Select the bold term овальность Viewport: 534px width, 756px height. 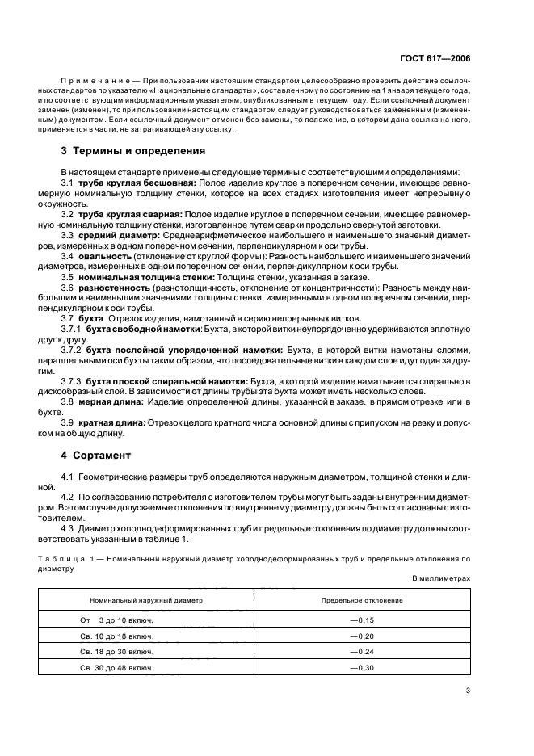click(104, 256)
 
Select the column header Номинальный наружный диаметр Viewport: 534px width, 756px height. click(146, 601)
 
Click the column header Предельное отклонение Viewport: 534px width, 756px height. click(362, 601)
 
